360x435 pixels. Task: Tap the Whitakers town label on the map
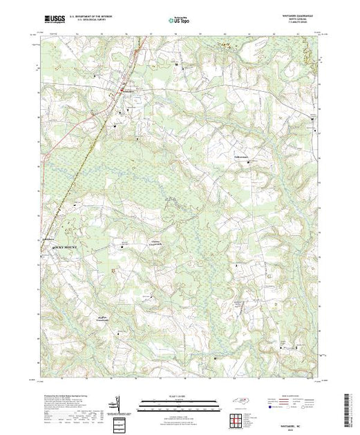point(129,90)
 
